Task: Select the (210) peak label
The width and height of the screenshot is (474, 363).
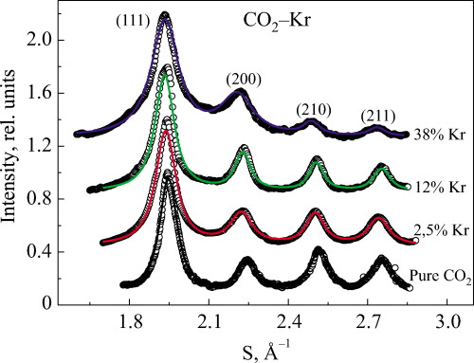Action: [x=314, y=109]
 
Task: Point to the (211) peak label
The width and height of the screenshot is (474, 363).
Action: [x=378, y=117]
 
